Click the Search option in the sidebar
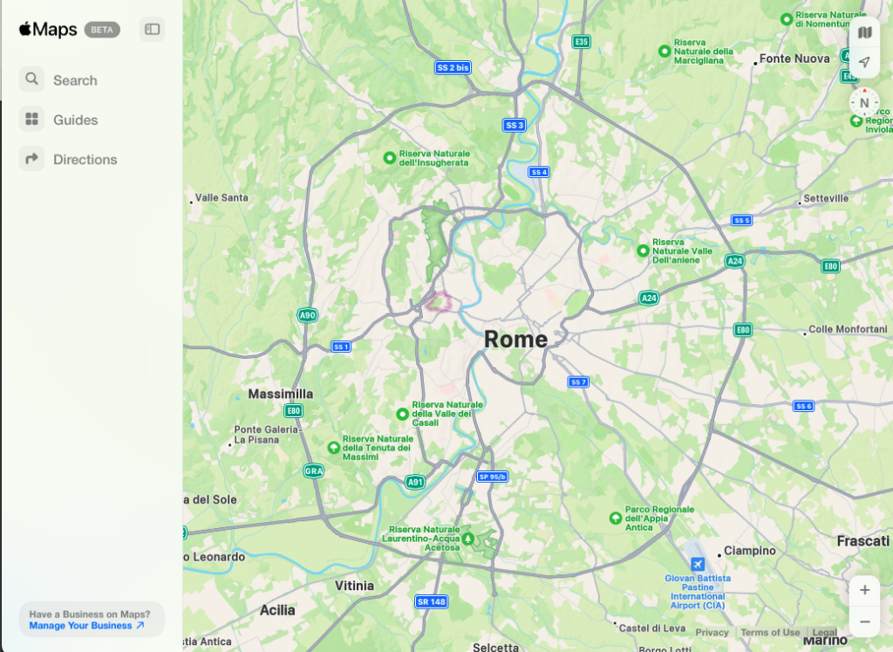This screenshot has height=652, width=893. [74, 80]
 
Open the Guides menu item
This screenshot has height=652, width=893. [75, 120]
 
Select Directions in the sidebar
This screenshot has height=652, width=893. [85, 159]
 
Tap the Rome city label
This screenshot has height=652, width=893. [516, 340]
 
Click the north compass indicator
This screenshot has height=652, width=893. [864, 103]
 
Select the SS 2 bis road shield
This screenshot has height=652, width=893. [453, 67]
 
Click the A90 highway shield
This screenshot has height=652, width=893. [307, 315]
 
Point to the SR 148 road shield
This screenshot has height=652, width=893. [431, 601]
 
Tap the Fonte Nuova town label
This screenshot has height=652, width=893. [794, 58]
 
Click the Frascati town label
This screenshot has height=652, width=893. [862, 541]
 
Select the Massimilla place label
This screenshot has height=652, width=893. [280, 394]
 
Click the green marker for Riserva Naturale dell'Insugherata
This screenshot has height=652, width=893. [390, 158]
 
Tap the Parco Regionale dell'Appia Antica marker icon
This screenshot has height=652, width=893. [616, 518]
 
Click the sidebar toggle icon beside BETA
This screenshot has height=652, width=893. [153, 30]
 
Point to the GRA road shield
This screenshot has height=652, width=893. [313, 470]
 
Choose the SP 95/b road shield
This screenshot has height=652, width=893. [492, 477]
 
